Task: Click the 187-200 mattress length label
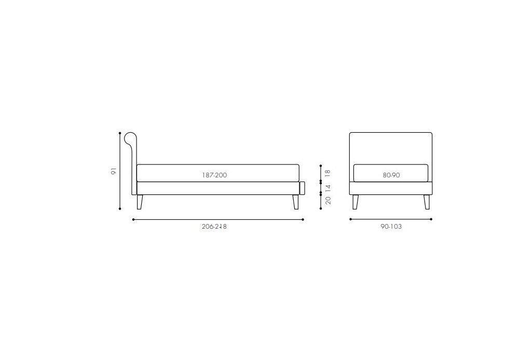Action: [x=214, y=175]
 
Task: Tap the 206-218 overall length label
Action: [x=214, y=227]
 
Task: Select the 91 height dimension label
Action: [x=114, y=171]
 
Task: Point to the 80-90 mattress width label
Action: [x=391, y=175]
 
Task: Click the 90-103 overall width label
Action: [x=391, y=227]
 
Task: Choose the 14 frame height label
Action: [x=327, y=187]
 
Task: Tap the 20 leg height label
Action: [x=327, y=200]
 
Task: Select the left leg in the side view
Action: [x=140, y=202]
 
